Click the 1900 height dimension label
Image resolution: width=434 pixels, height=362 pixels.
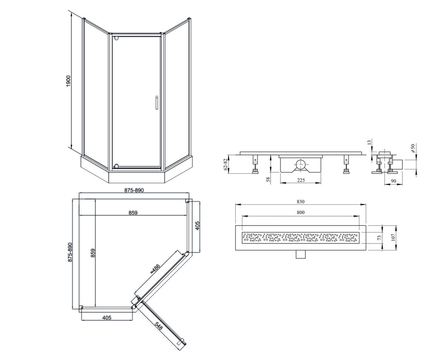(x=69, y=81)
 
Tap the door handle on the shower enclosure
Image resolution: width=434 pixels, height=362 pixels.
(x=157, y=102)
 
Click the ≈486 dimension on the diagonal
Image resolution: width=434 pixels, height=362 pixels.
(x=155, y=269)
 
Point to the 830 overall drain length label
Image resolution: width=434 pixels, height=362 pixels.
(x=301, y=202)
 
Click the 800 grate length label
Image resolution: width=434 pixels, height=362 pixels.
(x=301, y=212)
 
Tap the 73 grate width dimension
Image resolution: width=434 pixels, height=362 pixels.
(x=379, y=237)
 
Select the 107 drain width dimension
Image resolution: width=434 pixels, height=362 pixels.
(x=393, y=238)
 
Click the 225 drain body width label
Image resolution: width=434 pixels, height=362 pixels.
(x=301, y=180)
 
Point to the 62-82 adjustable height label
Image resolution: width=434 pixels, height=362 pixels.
(x=226, y=164)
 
